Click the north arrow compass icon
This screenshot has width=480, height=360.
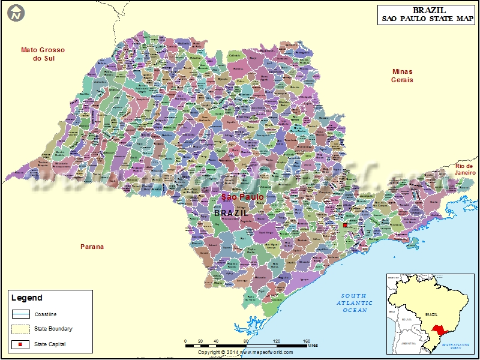tap(17, 12)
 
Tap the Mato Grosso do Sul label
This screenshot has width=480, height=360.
tap(43, 54)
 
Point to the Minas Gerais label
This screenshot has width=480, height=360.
tap(402, 75)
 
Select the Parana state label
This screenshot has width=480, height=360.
tap(92, 247)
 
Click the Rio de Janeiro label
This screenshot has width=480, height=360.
tap(465, 169)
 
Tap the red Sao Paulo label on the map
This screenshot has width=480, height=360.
tap(242, 197)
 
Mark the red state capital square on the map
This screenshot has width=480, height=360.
tap(345, 226)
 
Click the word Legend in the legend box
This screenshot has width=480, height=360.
tap(27, 298)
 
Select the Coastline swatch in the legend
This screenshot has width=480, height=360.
tap(20, 314)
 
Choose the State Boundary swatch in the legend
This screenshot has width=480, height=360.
tap(20, 329)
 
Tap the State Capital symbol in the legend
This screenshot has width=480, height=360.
tap(20, 344)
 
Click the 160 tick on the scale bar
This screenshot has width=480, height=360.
tap(307, 341)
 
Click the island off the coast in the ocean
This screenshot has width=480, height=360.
tap(412, 243)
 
